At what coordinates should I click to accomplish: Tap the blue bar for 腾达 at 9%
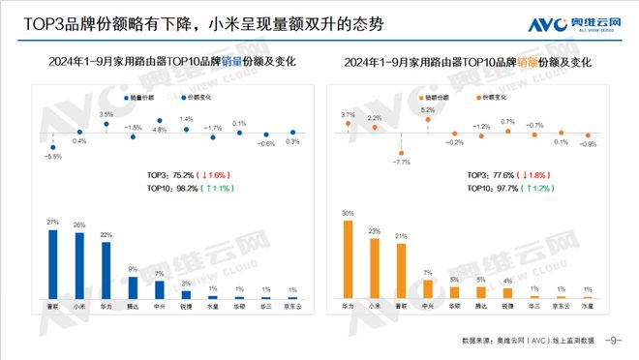click(x=133, y=285)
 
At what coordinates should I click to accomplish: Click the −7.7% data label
click(x=399, y=161)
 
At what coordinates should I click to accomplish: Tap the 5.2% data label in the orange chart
click(x=427, y=110)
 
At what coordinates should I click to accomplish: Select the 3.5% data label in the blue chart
click(x=106, y=114)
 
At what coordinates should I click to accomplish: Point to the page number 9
click(x=612, y=340)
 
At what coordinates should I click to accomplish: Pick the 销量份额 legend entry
click(x=142, y=98)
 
